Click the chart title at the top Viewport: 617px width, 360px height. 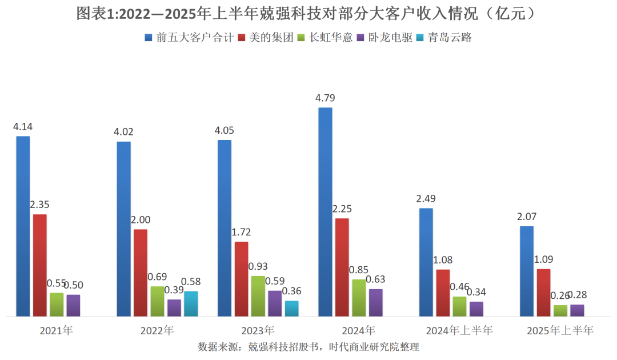308,14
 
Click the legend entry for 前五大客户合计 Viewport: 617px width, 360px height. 191,38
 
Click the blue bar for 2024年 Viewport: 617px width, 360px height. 325,211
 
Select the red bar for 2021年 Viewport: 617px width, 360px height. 39,265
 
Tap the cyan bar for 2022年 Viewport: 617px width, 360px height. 191,303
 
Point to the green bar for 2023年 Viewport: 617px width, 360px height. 258,296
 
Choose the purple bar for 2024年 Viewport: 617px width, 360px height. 375,302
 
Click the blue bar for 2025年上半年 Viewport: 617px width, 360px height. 527,271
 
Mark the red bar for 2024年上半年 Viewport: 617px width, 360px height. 443,293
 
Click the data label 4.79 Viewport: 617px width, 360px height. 324,98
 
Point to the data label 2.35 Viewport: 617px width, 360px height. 39,205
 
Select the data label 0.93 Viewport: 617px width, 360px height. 258,267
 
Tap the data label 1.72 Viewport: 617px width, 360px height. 241,233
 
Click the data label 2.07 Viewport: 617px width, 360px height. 526,217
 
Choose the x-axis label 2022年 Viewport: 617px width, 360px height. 157,330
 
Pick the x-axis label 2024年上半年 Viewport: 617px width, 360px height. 459,330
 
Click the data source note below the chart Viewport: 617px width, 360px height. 308,347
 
